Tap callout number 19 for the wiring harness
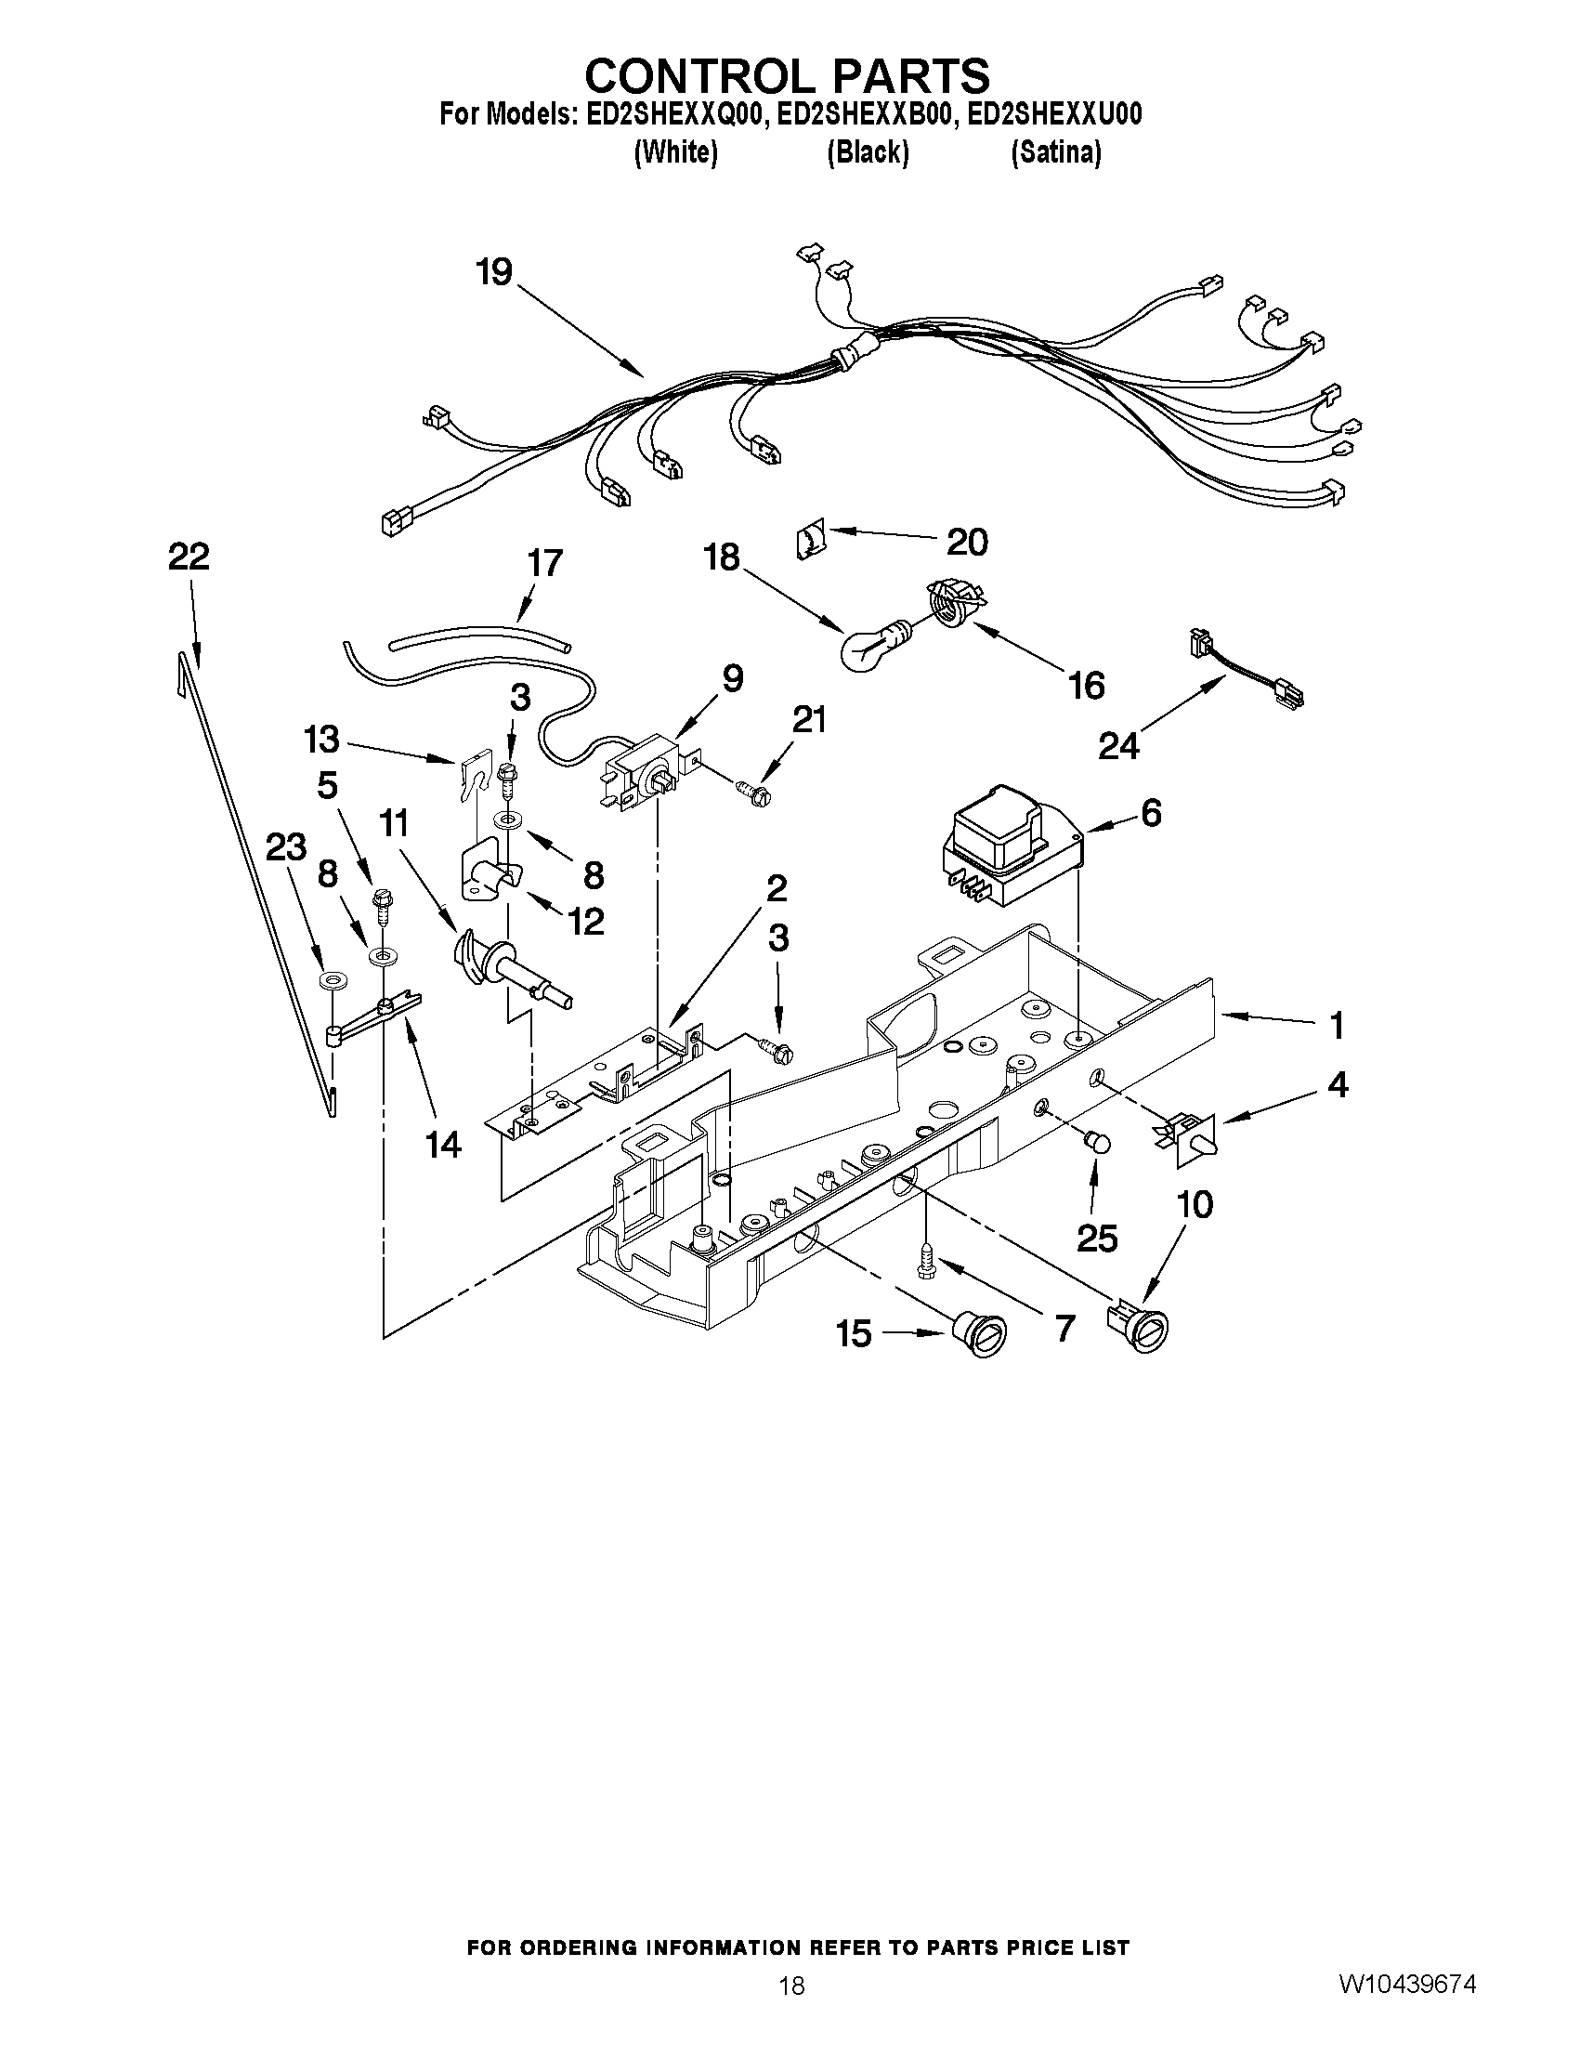point(494,272)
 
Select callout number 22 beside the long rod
point(189,557)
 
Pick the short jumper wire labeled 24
point(1244,671)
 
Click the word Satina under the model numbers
point(1055,152)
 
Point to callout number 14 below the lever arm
point(443,1144)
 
